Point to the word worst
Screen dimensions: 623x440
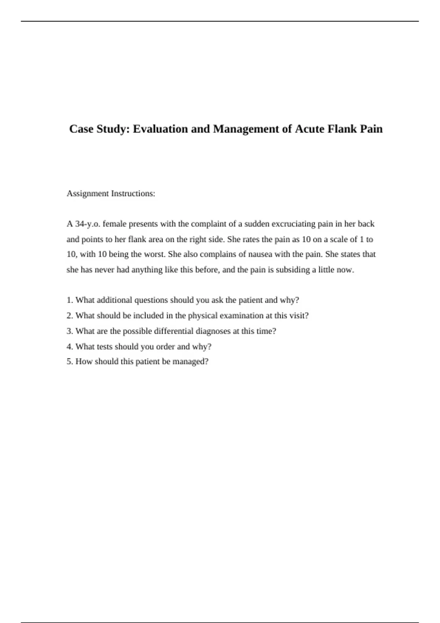pyautogui.click(x=155, y=254)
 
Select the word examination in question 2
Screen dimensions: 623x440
pyautogui.click(x=241, y=316)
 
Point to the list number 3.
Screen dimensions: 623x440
pyautogui.click(x=69, y=331)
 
